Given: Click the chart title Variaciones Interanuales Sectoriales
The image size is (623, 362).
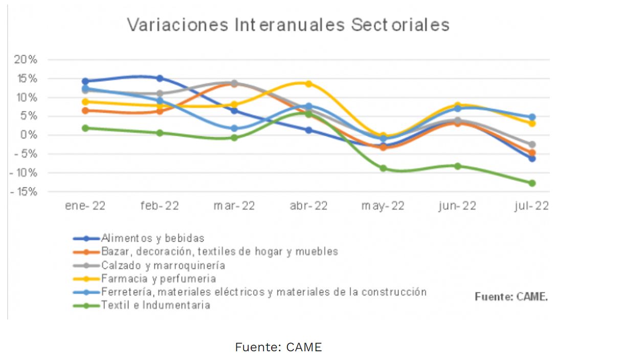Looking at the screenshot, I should tap(288, 25).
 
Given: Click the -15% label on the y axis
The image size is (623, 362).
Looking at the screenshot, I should tap(24, 192).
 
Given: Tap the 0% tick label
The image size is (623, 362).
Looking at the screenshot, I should tap(29, 135).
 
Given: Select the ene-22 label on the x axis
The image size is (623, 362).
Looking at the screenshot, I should tap(85, 206).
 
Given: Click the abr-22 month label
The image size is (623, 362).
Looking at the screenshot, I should tap(308, 206).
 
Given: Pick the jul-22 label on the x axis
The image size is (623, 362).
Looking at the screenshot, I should tap(532, 206).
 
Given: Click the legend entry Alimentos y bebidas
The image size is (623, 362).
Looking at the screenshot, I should tap(152, 238).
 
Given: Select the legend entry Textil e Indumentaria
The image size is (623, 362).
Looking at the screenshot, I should tap(155, 305).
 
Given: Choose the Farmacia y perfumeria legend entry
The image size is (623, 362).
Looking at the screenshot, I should tap(159, 279).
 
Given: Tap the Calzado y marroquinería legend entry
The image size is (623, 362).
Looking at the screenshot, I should tap(163, 265).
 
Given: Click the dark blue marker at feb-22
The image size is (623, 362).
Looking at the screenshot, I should tap(160, 78).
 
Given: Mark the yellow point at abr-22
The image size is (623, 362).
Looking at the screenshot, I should tap(308, 83).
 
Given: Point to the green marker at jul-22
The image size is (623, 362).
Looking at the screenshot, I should tap(532, 183).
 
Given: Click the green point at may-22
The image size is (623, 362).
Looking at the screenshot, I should tap(383, 168).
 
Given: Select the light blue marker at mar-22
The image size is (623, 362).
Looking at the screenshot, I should tap(234, 129).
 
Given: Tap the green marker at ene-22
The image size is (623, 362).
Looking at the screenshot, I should tap(85, 128).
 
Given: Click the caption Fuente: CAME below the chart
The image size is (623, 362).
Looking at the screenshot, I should tap(278, 347).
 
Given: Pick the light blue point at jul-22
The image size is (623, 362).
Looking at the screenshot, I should tap(532, 117).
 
